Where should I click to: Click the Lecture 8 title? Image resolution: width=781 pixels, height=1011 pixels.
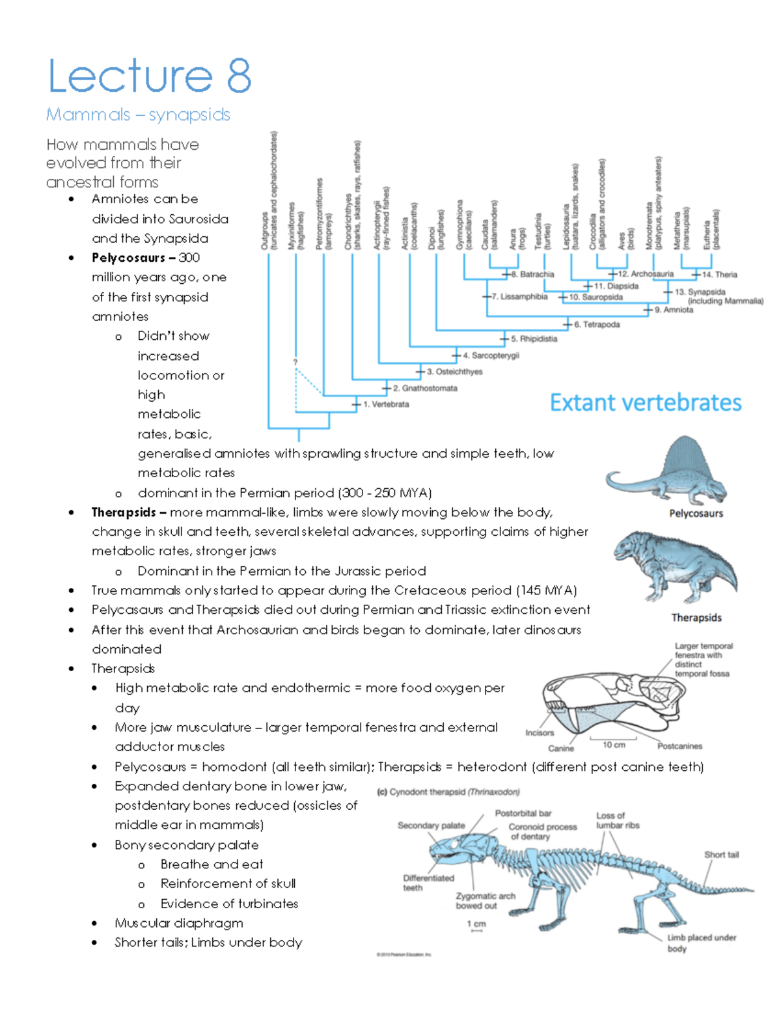tap(150, 76)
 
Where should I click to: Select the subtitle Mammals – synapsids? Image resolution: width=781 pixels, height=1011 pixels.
tap(138, 115)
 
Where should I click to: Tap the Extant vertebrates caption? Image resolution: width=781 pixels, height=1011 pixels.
tap(645, 403)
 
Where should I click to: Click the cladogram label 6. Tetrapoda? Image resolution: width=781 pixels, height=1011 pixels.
tap(597, 324)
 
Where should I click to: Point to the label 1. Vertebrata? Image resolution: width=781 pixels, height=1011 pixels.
tap(386, 404)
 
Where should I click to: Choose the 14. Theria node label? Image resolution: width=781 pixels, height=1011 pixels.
tap(719, 275)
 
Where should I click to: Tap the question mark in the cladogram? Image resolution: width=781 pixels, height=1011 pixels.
tap(295, 362)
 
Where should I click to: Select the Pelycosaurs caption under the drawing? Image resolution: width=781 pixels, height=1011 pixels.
tap(696, 514)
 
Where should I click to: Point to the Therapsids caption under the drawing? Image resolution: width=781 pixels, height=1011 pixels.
tap(696, 618)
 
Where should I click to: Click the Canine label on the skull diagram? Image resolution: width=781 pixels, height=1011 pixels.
tap(560, 749)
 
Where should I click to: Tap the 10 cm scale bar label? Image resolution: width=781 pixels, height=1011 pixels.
tap(613, 745)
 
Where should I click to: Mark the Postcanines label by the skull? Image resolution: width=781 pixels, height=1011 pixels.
tap(679, 746)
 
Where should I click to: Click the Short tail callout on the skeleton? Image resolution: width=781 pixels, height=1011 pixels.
tap(721, 855)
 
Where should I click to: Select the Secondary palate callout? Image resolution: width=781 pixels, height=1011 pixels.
tap(431, 825)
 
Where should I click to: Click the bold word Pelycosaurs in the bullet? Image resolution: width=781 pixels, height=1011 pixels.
tap(128, 258)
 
